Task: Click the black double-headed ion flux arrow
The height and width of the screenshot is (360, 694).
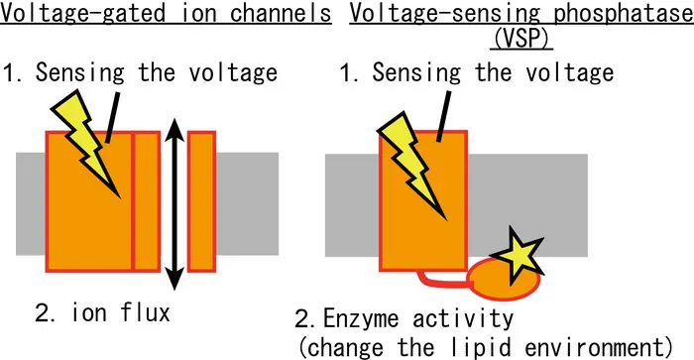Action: tap(173, 198)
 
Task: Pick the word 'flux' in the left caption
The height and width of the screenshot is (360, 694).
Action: tap(148, 313)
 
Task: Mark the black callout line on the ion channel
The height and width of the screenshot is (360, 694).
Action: tap(111, 118)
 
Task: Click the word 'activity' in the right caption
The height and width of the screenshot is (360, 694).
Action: tap(457, 319)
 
